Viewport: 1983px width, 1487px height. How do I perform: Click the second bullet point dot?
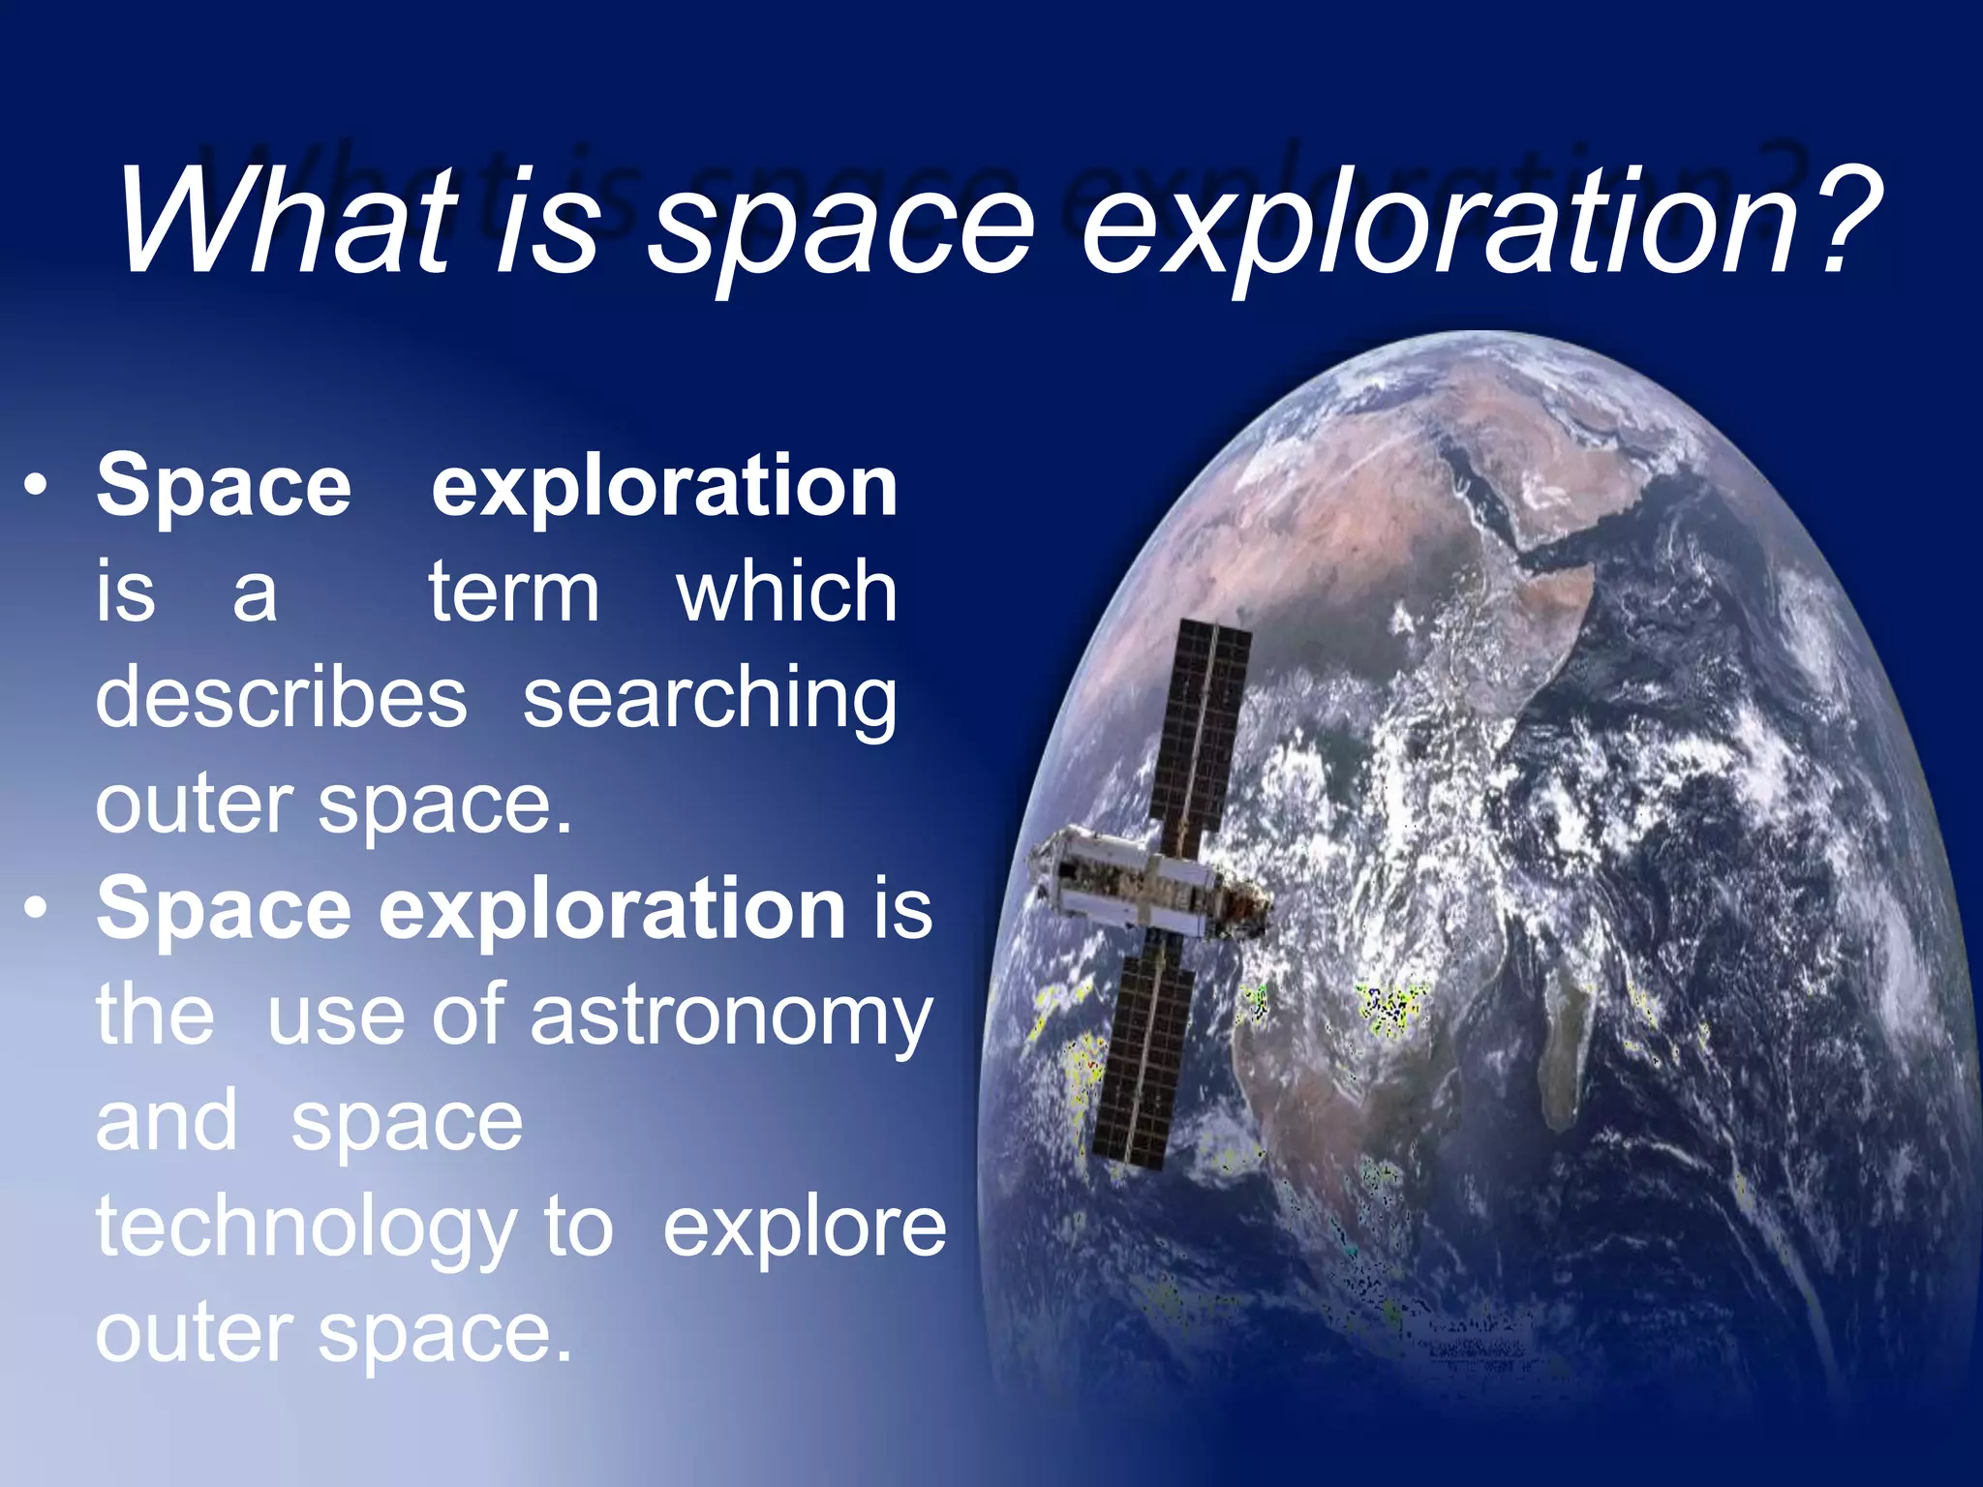coord(36,910)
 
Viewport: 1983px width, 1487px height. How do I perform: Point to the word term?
coord(513,592)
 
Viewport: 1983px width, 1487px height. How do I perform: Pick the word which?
coord(786,592)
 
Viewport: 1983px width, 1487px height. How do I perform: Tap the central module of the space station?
coord(1143,886)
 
